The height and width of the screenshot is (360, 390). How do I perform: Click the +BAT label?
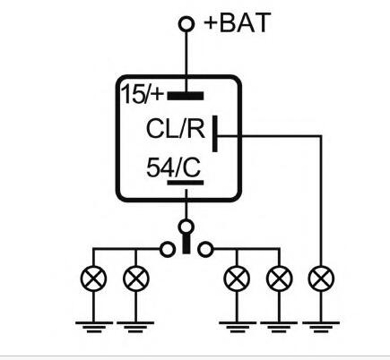click(238, 22)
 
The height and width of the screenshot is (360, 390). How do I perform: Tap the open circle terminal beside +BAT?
click(186, 24)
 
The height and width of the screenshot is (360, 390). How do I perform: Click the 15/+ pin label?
click(143, 94)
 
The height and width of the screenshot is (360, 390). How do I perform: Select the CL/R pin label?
click(176, 129)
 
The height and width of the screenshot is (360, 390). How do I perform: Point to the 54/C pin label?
click(173, 167)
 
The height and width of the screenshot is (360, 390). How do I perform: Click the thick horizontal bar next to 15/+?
click(186, 96)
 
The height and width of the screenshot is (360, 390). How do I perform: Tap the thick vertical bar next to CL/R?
click(214, 133)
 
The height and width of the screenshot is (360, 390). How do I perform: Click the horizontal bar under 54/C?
click(186, 183)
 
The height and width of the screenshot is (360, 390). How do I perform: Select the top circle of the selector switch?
click(186, 227)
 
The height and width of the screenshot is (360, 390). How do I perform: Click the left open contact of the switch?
click(168, 249)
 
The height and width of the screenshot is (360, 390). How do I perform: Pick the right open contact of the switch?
click(205, 249)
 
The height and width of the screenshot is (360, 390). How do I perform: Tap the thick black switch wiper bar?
click(186, 244)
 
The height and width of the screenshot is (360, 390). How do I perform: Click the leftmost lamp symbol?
click(93, 279)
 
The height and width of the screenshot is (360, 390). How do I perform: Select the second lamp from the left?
click(135, 279)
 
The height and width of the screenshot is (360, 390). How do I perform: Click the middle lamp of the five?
click(237, 279)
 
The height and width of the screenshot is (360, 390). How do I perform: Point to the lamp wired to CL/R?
click(321, 279)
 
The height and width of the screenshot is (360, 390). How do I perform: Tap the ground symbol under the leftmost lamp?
click(94, 327)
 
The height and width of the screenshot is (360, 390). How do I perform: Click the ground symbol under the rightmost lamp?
click(321, 327)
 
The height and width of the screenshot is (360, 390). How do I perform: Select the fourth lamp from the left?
click(279, 279)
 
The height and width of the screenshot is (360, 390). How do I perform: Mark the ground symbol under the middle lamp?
click(238, 327)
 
